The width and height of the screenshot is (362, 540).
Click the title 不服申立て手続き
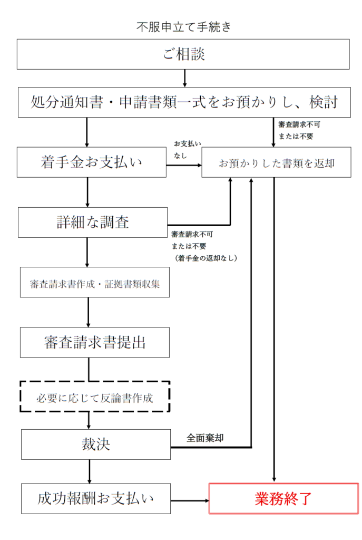[183, 26]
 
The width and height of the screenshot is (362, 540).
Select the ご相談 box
[183, 54]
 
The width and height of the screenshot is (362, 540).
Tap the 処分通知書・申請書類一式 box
[184, 102]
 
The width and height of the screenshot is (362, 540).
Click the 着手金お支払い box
[91, 162]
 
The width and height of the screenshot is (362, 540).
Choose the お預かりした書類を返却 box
[276, 162]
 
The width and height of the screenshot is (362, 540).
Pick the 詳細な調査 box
[92, 222]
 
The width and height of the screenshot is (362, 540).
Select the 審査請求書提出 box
[95, 342]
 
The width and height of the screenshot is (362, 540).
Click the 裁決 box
[95, 445]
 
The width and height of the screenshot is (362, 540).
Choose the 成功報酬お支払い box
[95, 498]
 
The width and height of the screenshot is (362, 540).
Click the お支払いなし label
[187, 150]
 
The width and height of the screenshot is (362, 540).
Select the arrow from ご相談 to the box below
[184, 78]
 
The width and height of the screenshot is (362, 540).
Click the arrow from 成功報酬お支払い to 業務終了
[190, 499]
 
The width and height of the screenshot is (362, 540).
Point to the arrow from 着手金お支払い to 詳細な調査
[87, 192]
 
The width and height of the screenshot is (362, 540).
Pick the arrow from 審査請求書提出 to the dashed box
[88, 369]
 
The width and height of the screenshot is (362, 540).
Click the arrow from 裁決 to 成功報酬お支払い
[89, 471]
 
